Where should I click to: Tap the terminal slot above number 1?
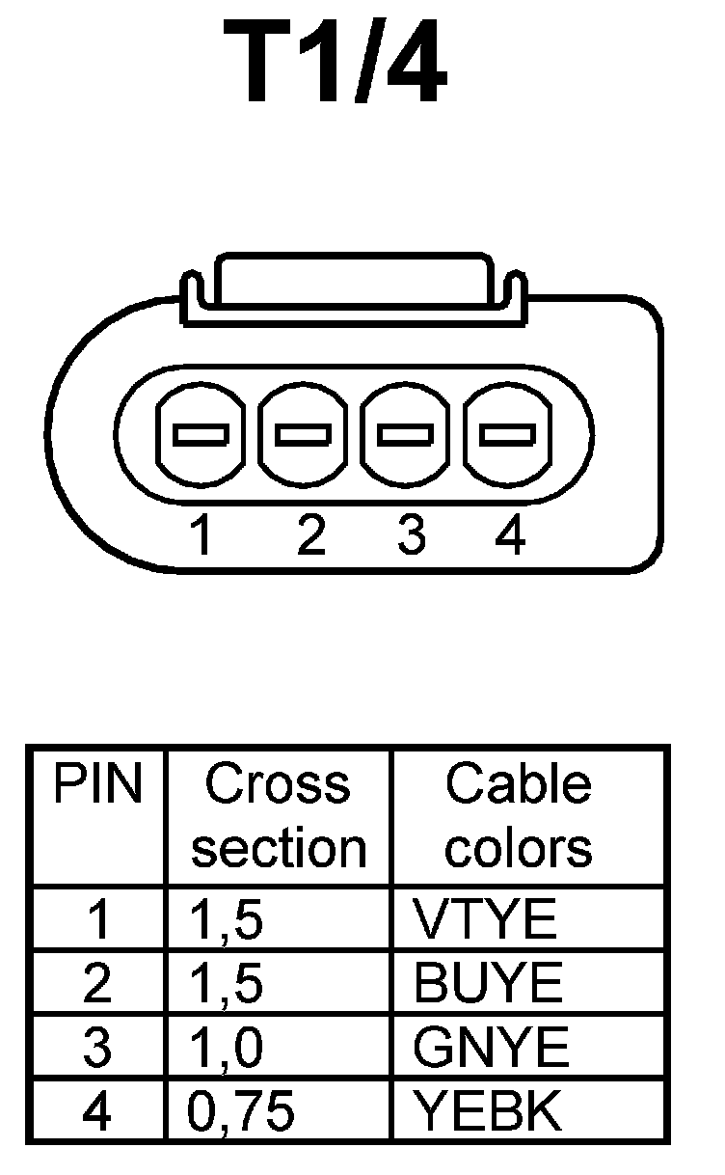pos(201,435)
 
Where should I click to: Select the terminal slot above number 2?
pos(304,435)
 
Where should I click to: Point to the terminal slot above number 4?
pos(508,435)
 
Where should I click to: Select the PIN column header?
pos(96,785)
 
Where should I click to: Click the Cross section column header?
pos(279,816)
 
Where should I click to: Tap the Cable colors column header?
pos(519,816)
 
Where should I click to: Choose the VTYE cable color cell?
pos(485,920)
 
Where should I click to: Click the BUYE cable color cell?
pos(487,984)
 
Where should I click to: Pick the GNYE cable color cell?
pos(491,1049)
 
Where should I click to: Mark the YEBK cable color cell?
pos(487,1112)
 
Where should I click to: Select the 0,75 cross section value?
pos(240,1112)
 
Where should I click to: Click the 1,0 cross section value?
pos(225,1049)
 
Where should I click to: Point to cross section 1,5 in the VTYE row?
pos(225,920)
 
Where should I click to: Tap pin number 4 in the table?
pos(96,1112)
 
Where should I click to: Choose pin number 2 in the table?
pos(96,984)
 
